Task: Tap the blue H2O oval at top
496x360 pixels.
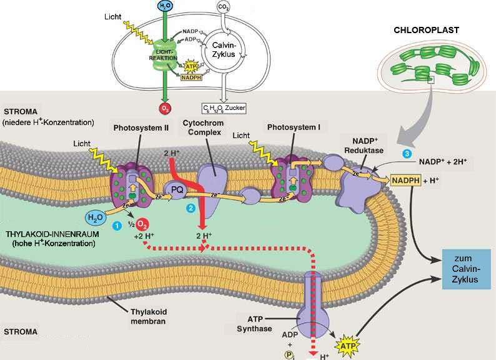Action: (x=164, y=6)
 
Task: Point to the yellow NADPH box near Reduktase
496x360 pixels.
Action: (x=406, y=181)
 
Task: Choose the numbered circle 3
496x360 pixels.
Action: (x=407, y=154)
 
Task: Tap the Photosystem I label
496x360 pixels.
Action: (x=293, y=127)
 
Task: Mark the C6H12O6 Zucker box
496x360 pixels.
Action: (x=223, y=108)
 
